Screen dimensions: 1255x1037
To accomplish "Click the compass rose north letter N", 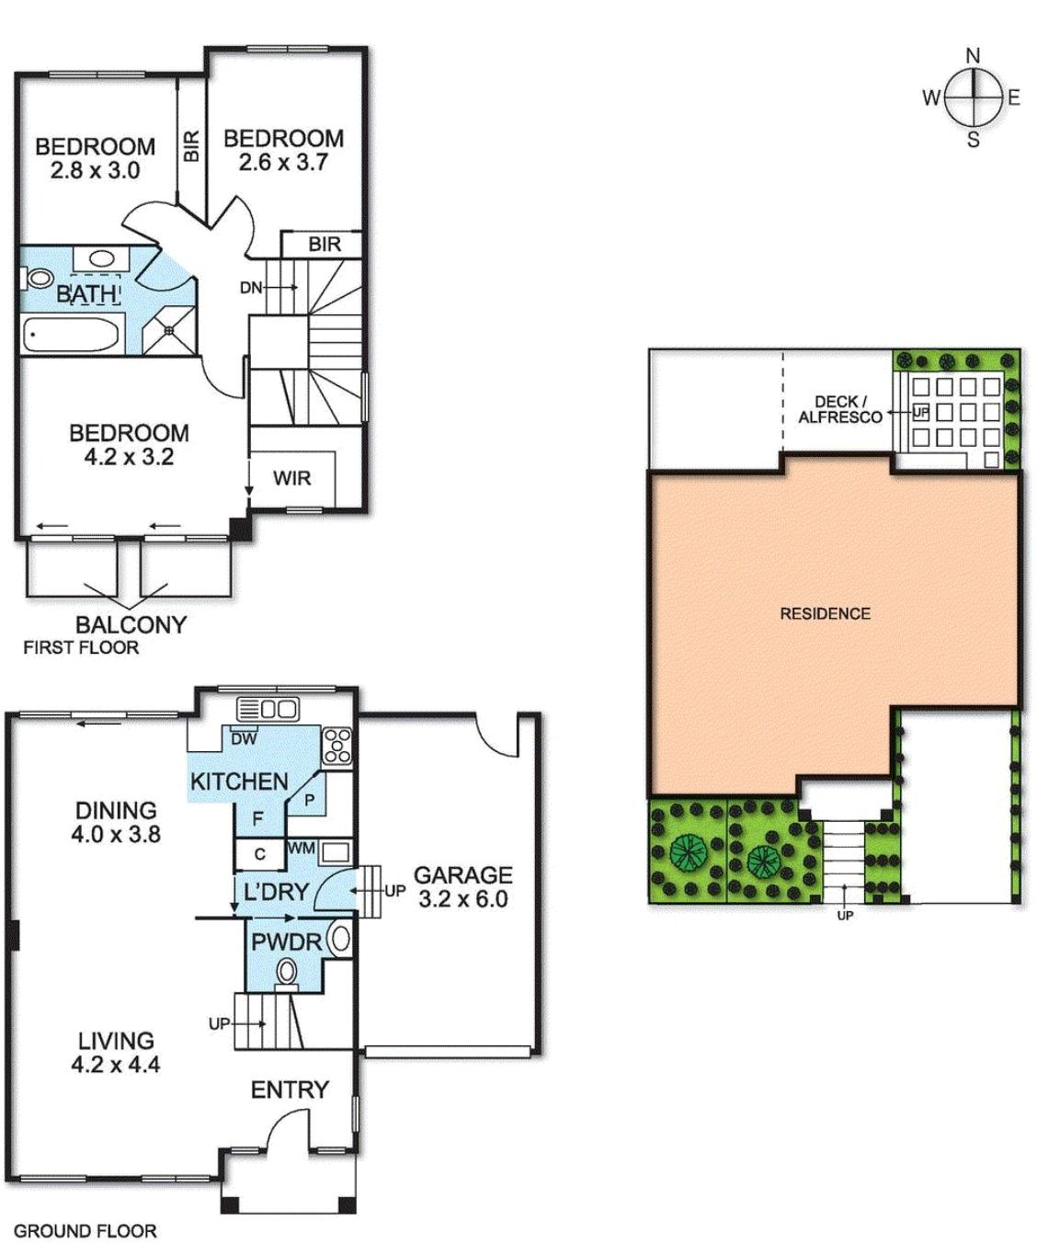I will click(x=973, y=56).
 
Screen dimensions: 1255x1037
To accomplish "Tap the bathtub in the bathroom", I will click(x=71, y=335).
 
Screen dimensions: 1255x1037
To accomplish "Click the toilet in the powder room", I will click(x=287, y=971).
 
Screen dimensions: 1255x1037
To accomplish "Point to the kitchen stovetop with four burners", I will click(x=336, y=745).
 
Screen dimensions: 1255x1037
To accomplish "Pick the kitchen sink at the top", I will click(x=268, y=709).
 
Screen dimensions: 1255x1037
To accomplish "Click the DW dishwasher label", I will click(x=244, y=738).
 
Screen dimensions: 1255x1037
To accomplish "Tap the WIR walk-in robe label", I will click(x=291, y=478).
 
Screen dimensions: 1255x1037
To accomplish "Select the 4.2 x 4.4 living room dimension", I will click(x=116, y=1065).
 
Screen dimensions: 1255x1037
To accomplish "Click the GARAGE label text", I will click(x=462, y=874).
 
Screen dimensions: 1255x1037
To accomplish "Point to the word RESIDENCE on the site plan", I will click(x=825, y=613).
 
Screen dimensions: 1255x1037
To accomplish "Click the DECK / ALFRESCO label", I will click(x=839, y=409).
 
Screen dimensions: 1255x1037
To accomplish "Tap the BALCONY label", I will click(x=131, y=624).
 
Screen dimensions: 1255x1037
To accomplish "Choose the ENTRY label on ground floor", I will click(x=290, y=1090).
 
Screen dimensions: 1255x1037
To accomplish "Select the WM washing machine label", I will click(x=301, y=848).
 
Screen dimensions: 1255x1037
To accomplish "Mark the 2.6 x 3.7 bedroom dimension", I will click(x=283, y=163).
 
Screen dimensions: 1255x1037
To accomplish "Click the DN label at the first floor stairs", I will click(x=251, y=288).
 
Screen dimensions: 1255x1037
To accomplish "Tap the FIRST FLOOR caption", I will click(x=81, y=647).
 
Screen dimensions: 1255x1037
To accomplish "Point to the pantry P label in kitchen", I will click(x=309, y=800).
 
